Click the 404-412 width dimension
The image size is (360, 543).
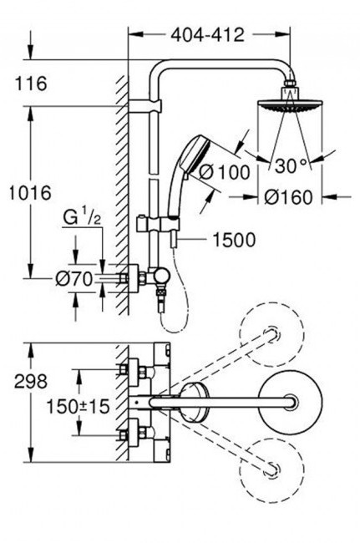coord(208,35)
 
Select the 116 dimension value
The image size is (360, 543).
coord(31,84)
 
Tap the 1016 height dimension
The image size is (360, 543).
coord(30,192)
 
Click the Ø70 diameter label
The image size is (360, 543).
coord(74,278)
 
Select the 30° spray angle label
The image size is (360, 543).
coord(291,165)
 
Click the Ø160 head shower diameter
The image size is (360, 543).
coord(288,197)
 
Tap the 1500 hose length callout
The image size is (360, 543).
coord(234,240)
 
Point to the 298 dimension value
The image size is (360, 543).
coord(31,382)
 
